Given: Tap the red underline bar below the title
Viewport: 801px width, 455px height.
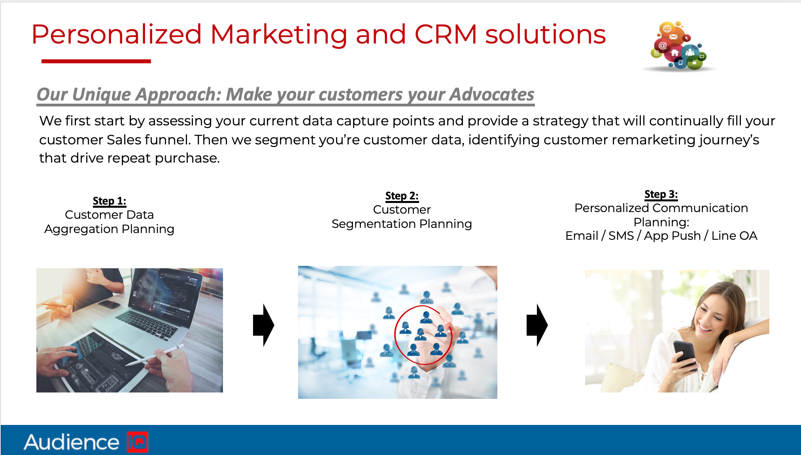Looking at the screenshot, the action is (x=96, y=61).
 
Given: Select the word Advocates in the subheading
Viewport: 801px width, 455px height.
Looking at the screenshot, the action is (x=492, y=95).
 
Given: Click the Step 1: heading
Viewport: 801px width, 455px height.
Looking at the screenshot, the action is (x=110, y=201).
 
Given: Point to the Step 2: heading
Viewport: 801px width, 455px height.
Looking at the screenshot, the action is (x=402, y=196).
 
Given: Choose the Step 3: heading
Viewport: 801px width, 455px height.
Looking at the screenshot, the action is (x=661, y=194).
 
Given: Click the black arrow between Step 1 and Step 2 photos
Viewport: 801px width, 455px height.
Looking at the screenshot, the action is (x=263, y=325).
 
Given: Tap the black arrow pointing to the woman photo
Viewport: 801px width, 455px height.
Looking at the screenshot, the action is (x=537, y=325).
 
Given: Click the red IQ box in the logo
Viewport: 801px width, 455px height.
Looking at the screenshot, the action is (x=137, y=442).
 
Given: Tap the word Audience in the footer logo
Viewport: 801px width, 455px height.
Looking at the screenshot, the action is (x=71, y=442).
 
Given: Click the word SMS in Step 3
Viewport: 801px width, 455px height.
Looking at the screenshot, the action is (x=621, y=236).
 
